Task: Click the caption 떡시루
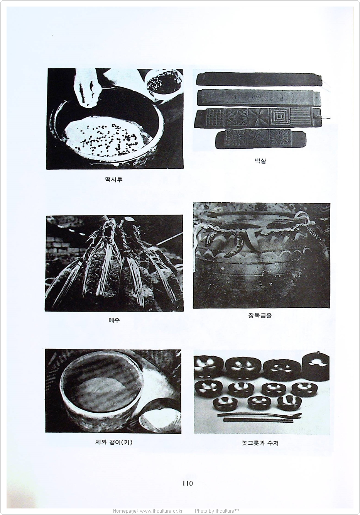pos(114,180)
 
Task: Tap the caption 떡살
pos(260,161)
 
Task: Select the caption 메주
pos(114,320)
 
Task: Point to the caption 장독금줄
pos(260,315)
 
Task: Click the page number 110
pos(188,483)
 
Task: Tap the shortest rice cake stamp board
pos(261,139)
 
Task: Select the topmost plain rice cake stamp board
pos(259,79)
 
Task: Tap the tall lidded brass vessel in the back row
pos(315,366)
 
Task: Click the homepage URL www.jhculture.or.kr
pos(161,511)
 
